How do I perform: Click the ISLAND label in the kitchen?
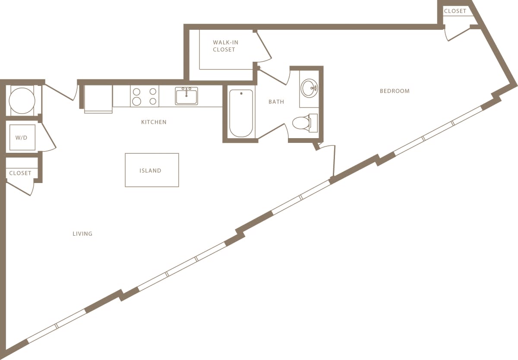pos(150,171)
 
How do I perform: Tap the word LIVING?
pos(82,234)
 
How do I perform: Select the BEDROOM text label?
pos(395,91)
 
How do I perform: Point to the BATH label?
pos(276,102)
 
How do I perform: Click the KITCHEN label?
pos(154,122)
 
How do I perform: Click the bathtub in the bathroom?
pos(241,113)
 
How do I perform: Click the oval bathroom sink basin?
pos(309,88)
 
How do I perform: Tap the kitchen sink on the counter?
pos(186,96)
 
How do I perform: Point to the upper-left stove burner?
pos(136,92)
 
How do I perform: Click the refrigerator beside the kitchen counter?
pos(98,98)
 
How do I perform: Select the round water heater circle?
pos(22,101)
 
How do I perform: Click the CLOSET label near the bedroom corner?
pos(455,11)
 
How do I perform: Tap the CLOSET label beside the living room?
pos(20,173)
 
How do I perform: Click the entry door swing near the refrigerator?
pos(63,91)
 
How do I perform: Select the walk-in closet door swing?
pos(263,47)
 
